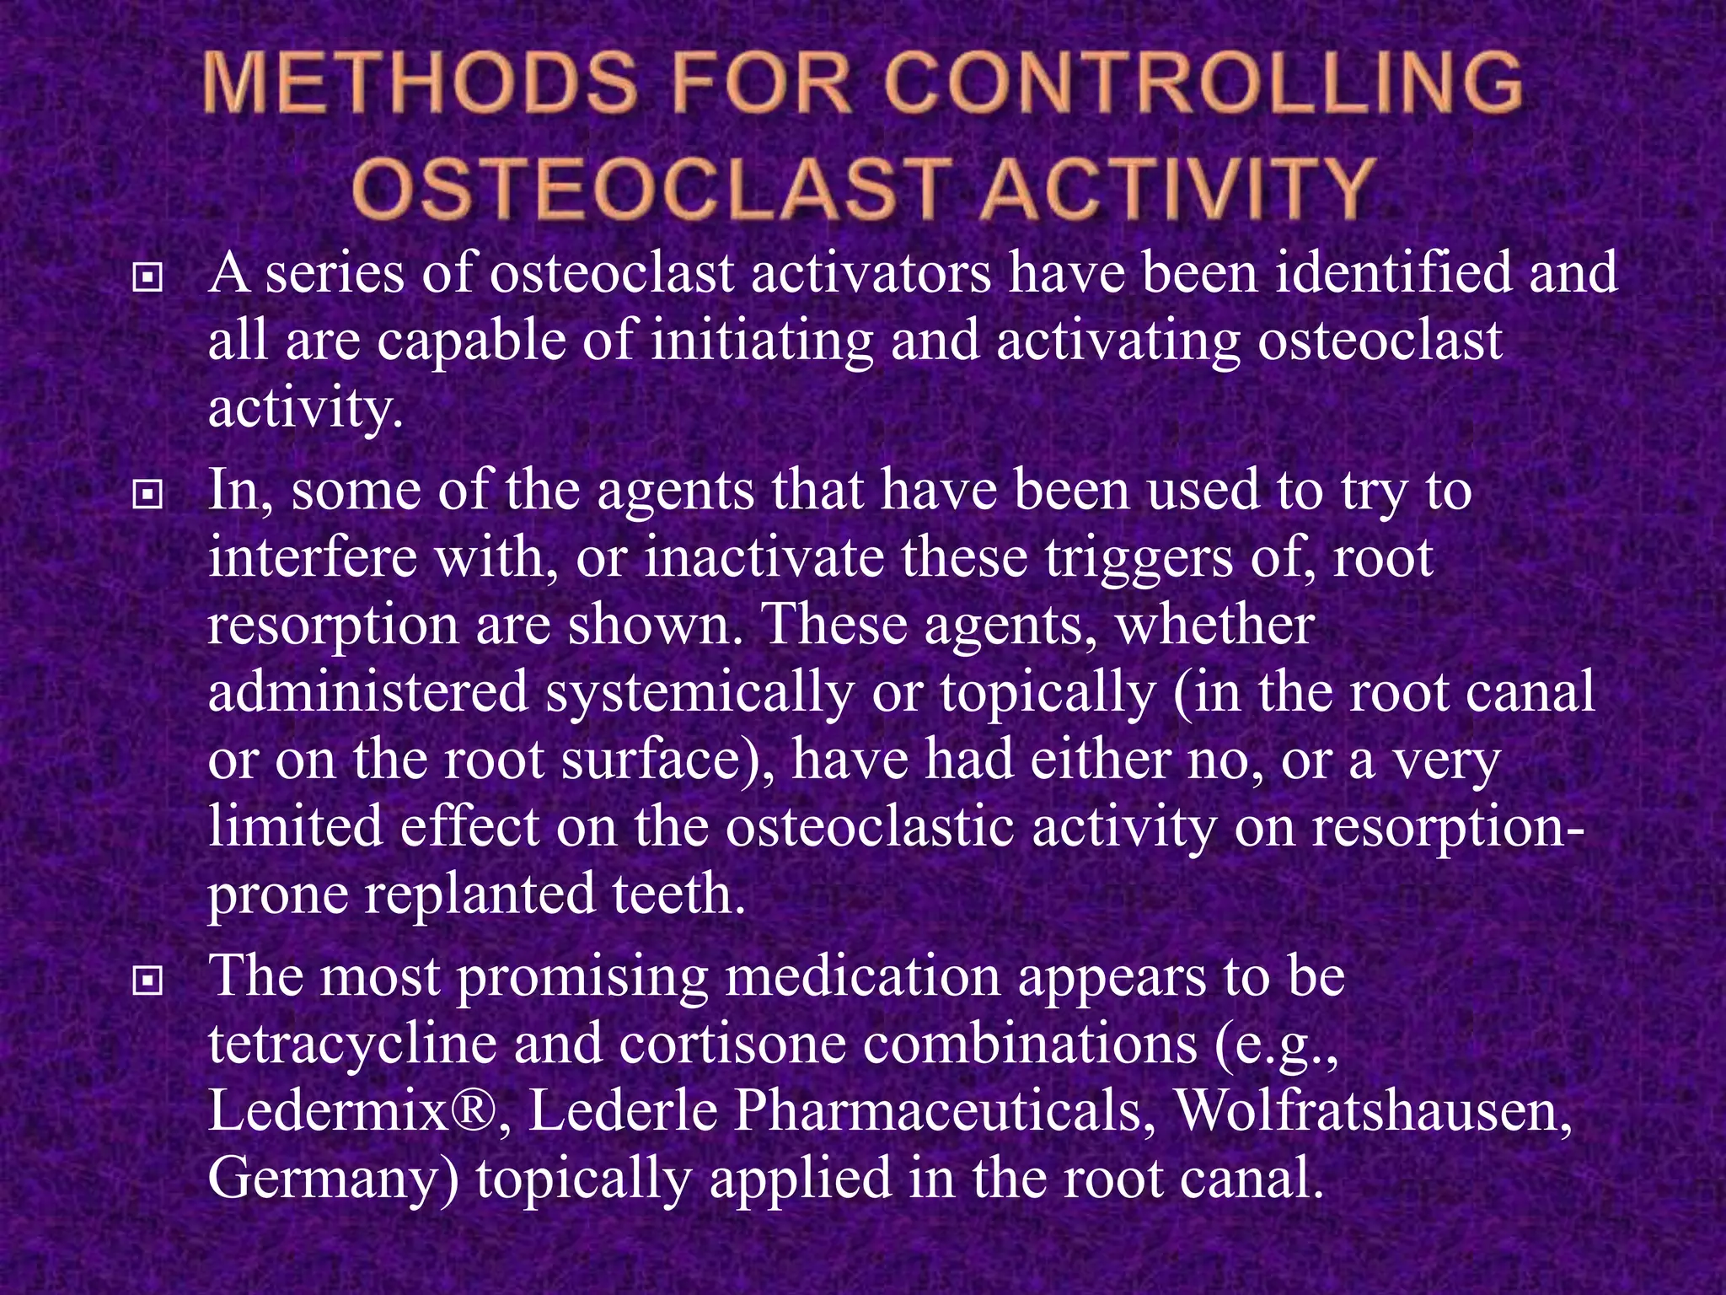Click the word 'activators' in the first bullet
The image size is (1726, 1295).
pos(871,273)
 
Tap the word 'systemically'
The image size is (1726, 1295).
pos(699,692)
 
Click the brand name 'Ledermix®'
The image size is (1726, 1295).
pos(358,1111)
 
